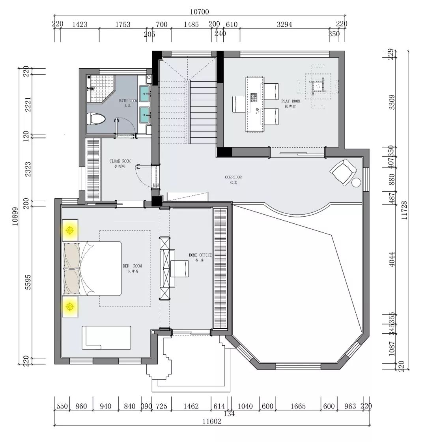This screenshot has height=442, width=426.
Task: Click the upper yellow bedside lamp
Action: (x=70, y=230)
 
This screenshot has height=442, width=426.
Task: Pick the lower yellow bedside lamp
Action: (x=70, y=306)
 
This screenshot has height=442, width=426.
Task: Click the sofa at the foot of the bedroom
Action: (x=106, y=337)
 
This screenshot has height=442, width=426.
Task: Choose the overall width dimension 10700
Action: (x=199, y=12)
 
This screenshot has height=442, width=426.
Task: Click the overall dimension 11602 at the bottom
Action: (x=212, y=421)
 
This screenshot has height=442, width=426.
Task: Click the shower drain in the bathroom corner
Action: (x=93, y=88)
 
